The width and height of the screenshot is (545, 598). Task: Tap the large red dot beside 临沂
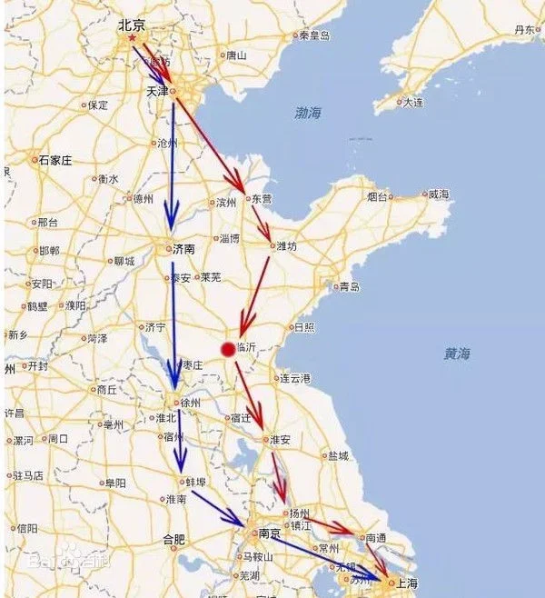[x=227, y=347]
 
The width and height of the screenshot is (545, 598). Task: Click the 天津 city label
[x=157, y=92]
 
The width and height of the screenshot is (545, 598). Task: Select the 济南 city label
[x=185, y=247]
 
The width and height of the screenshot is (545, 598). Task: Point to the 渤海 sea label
[x=308, y=113]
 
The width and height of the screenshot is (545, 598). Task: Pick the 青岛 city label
[x=350, y=287]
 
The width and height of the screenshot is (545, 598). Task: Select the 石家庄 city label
[x=54, y=160]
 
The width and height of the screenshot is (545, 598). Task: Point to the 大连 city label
[x=413, y=102]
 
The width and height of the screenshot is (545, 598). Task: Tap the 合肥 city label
[x=173, y=540]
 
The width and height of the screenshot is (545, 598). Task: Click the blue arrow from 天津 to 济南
[x=171, y=164]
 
